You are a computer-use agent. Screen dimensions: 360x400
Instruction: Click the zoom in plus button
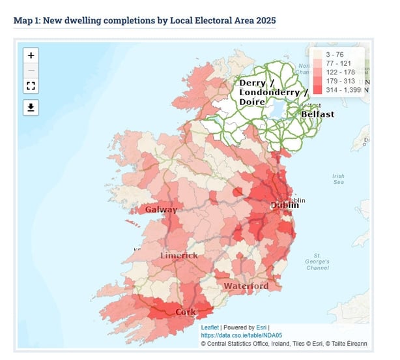[31, 55]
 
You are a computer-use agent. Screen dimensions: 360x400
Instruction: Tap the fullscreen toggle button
[31, 85]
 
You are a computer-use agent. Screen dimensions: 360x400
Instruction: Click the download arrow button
[31, 108]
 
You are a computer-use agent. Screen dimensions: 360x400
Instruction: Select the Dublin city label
[285, 205]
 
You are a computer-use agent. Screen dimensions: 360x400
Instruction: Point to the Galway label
[161, 209]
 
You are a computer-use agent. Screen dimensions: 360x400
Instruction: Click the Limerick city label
[179, 255]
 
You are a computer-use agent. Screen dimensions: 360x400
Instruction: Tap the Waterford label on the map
[246, 286]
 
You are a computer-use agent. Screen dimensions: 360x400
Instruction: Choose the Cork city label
[186, 312]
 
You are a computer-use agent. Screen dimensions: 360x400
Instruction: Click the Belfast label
[317, 114]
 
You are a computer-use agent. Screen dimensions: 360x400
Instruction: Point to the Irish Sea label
[338, 179]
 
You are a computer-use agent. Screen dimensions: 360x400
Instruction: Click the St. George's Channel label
[317, 262]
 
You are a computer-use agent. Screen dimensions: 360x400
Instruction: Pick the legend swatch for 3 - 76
[318, 54]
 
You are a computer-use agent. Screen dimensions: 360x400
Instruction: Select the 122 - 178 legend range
[339, 72]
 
